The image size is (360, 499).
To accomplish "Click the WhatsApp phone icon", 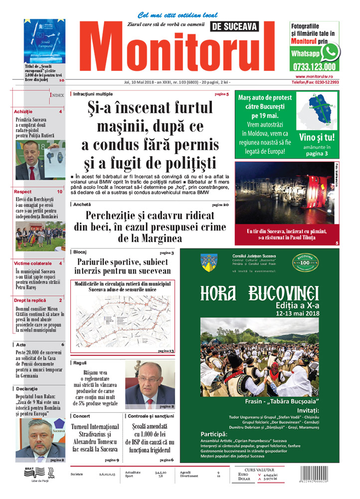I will pyautogui.click(x=330, y=52).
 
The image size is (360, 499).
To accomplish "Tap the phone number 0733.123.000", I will pyautogui.click(x=314, y=66).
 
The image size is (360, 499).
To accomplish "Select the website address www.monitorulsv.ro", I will pyautogui.click(x=314, y=76).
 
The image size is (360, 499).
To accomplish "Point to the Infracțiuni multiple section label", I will pyautogui.click(x=93, y=94).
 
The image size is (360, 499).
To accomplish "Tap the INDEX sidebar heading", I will pyautogui.click(x=57, y=94).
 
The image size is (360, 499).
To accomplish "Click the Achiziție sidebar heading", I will pyautogui.click(x=24, y=112).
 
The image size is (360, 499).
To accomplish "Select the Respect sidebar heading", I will pyautogui.click(x=23, y=192).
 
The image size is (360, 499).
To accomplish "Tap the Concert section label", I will pyautogui.click(x=82, y=416).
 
